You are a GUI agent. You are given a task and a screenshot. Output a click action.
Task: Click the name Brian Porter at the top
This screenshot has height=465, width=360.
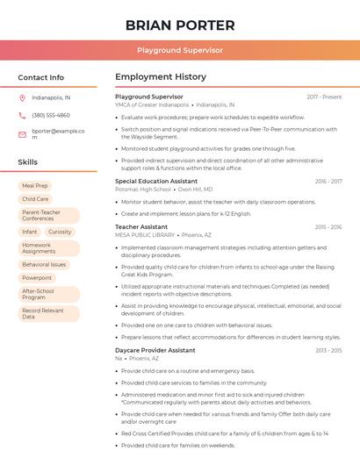180,25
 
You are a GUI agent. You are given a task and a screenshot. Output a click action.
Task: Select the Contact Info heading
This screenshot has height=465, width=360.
40,77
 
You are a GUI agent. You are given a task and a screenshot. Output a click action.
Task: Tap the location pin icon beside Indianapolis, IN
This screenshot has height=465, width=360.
22,97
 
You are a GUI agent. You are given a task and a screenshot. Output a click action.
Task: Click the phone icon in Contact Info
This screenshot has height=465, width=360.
22,115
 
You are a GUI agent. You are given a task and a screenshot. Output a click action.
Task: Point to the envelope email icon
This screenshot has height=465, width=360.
22,134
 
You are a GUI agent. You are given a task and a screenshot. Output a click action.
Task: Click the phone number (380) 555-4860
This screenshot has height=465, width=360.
51,115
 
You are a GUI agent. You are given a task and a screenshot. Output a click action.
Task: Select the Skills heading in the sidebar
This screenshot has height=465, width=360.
28,162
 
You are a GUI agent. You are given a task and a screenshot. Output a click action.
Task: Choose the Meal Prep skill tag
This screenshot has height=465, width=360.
35,186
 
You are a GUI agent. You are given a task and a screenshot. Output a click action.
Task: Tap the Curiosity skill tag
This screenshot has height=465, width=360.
60,232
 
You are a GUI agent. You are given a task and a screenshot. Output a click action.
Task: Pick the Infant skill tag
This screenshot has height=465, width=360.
30,232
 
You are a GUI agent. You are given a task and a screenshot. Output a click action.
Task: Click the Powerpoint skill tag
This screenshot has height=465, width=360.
37,277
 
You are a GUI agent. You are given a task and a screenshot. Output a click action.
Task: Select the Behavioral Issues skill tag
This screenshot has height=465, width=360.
44,264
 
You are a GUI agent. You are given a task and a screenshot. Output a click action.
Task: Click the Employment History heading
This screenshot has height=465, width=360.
161,77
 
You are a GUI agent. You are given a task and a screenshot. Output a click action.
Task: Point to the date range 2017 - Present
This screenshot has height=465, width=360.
324,97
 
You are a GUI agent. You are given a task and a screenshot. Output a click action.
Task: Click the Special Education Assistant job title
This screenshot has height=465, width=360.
156,181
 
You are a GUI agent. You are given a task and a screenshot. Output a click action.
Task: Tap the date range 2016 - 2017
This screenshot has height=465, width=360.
328,182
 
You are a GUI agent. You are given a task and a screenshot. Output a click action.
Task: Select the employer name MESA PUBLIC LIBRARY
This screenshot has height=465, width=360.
144,235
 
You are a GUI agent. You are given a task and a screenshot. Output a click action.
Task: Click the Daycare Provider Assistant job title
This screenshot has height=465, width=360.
155,350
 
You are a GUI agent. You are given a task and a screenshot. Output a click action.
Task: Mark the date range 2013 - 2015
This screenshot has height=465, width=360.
328,350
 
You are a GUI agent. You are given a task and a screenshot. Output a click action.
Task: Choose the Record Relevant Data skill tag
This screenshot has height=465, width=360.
43,313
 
